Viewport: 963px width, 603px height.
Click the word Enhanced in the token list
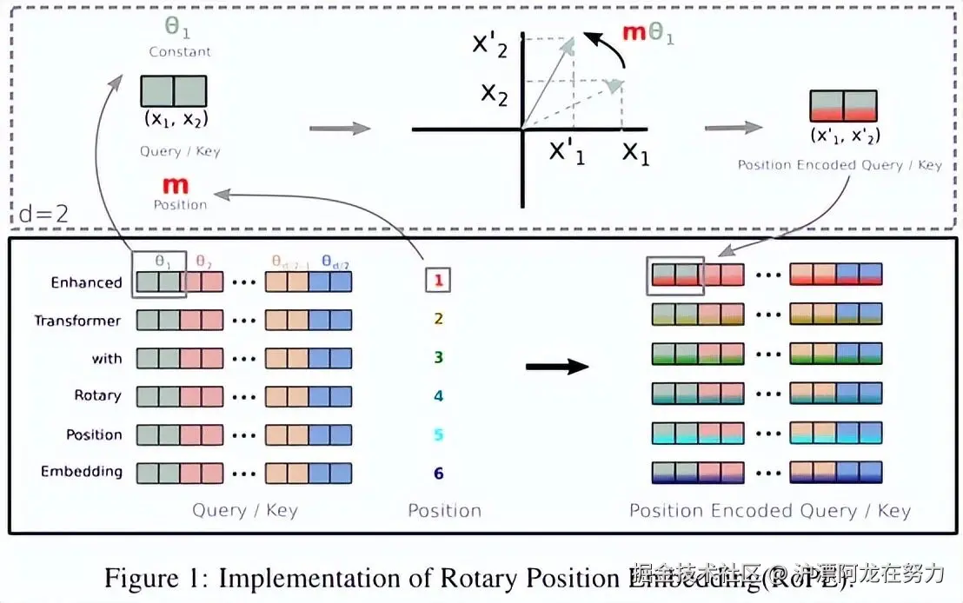click(86, 282)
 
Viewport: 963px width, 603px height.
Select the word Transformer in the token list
click(77, 321)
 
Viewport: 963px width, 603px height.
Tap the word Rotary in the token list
click(97, 395)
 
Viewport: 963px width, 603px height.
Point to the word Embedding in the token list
click(82, 472)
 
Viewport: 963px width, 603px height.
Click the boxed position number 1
click(439, 280)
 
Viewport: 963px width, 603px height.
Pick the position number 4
click(439, 395)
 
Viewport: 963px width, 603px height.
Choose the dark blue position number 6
click(439, 474)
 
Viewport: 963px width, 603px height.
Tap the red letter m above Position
click(176, 185)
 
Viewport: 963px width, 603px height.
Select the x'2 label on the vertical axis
click(488, 43)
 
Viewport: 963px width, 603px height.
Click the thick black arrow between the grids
click(557, 367)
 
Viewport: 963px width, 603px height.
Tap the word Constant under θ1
click(180, 51)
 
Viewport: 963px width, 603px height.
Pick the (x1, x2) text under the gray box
click(175, 120)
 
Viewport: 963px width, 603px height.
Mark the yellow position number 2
click(439, 319)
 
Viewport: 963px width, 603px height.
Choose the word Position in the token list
click(94, 434)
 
